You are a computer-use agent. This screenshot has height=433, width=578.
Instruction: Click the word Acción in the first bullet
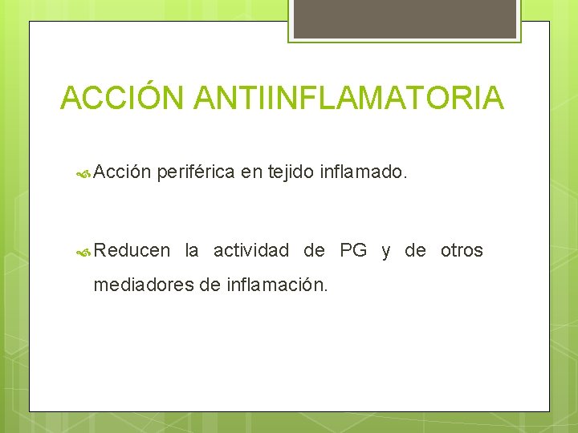[122, 171]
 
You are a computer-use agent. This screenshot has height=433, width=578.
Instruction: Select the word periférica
[196, 171]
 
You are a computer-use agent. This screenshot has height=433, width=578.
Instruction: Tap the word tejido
[289, 171]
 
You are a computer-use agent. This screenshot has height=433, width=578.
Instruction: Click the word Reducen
[132, 250]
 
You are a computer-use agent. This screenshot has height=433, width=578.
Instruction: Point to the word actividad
[250, 250]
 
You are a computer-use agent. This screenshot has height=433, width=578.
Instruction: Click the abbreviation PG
[353, 250]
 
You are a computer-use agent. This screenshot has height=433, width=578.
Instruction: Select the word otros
[462, 250]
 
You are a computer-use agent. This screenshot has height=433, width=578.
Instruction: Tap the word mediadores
[143, 284]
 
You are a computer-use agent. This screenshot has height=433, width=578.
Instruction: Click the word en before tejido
[250, 171]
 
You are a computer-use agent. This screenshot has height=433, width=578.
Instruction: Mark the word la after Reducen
[192, 250]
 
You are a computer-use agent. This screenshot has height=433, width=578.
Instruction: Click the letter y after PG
[386, 251]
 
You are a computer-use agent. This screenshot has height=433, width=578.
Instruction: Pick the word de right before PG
[314, 250]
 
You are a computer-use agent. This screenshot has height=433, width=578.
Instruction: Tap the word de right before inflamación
[208, 284]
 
